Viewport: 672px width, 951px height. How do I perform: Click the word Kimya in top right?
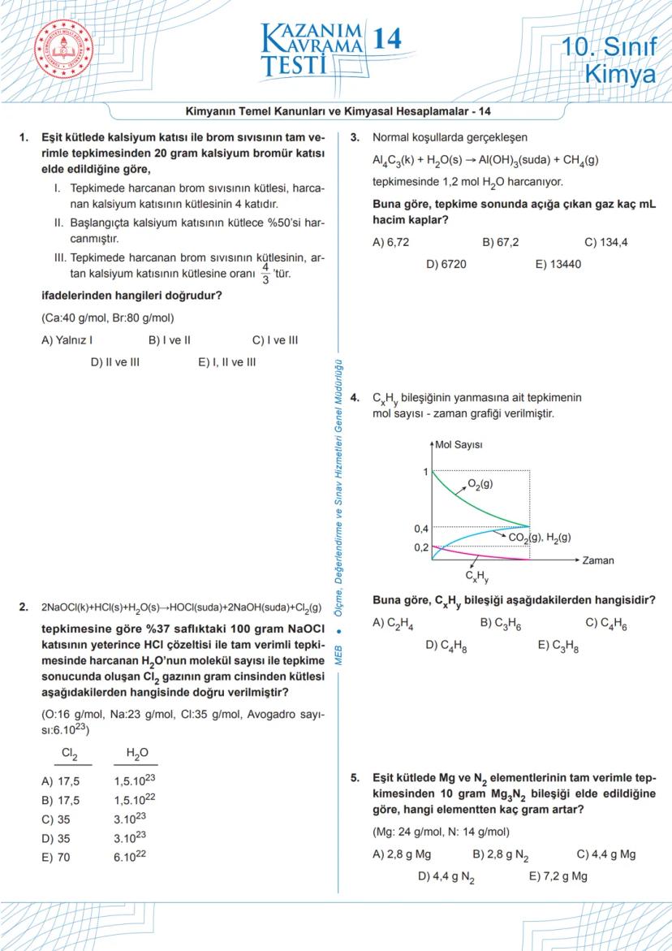click(x=620, y=75)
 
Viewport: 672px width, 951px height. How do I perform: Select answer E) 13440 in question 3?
click(x=558, y=264)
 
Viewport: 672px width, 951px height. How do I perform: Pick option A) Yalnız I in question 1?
click(x=67, y=340)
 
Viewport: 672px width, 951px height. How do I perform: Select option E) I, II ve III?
click(x=226, y=362)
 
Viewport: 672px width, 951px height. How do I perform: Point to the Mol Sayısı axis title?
click(x=459, y=445)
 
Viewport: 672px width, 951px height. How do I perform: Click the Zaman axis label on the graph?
click(x=598, y=560)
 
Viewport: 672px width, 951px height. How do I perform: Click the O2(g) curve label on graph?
click(x=480, y=484)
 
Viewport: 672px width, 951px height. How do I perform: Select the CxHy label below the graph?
click(x=476, y=577)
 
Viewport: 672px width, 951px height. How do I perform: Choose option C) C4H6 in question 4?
click(x=605, y=623)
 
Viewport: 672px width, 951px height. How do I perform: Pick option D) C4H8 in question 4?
click(x=446, y=646)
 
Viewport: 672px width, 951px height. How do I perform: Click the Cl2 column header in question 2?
click(x=70, y=754)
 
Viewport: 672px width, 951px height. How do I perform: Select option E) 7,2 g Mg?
click(x=558, y=876)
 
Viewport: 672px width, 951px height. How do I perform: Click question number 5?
click(x=355, y=777)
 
